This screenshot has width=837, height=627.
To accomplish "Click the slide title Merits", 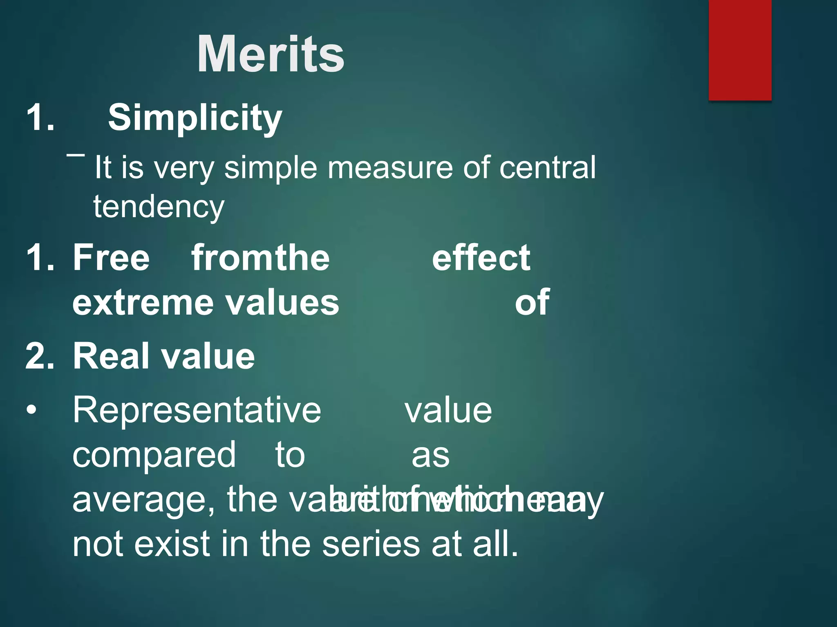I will [271, 54].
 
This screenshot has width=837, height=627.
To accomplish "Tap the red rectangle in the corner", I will [740, 50].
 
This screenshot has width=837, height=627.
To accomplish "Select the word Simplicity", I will [195, 118].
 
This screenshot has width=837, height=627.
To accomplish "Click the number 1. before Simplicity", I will [40, 118].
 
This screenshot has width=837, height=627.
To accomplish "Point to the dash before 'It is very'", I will [76, 155].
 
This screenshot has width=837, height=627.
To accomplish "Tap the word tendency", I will [159, 207].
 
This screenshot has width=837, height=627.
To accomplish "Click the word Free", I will [111, 258].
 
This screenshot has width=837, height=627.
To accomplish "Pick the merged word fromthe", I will [260, 258].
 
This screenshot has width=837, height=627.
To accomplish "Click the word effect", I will [481, 258].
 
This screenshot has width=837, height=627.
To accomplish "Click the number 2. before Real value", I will [40, 356].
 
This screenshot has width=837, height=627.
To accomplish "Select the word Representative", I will [197, 411].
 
